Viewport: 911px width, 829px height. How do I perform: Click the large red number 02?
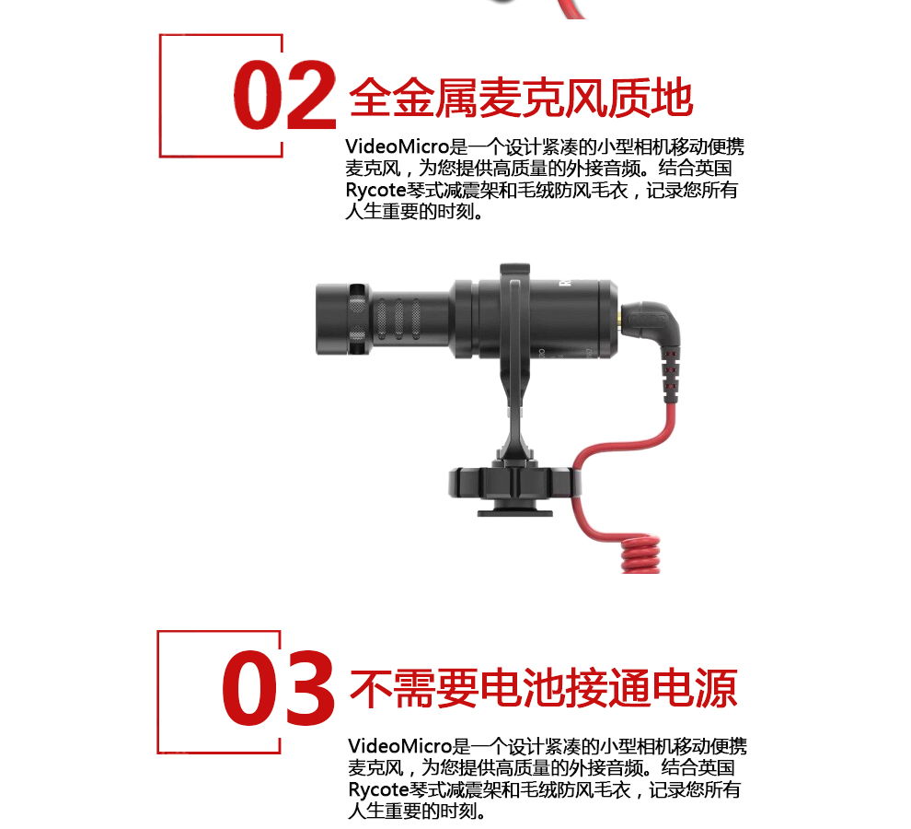[x=284, y=95]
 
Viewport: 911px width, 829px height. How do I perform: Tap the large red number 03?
[x=278, y=688]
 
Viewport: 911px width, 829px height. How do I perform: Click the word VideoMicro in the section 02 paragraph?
[x=398, y=146]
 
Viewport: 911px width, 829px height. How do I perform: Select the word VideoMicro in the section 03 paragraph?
[x=399, y=745]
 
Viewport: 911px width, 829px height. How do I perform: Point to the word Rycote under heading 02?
[x=375, y=191]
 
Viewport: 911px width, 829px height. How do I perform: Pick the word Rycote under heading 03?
[x=378, y=789]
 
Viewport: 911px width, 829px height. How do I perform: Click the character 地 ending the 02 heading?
[x=673, y=97]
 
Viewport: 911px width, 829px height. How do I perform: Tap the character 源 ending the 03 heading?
[x=716, y=688]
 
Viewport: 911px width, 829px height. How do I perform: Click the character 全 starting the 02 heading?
[x=371, y=97]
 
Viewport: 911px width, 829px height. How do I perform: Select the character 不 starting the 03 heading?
[x=371, y=688]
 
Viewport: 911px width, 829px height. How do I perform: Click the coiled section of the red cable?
[x=640, y=554]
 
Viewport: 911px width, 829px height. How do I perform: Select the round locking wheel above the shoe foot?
[x=514, y=482]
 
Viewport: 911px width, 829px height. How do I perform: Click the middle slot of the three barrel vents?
[x=398, y=319]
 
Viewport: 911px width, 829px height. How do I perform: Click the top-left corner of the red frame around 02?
[x=160, y=35]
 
